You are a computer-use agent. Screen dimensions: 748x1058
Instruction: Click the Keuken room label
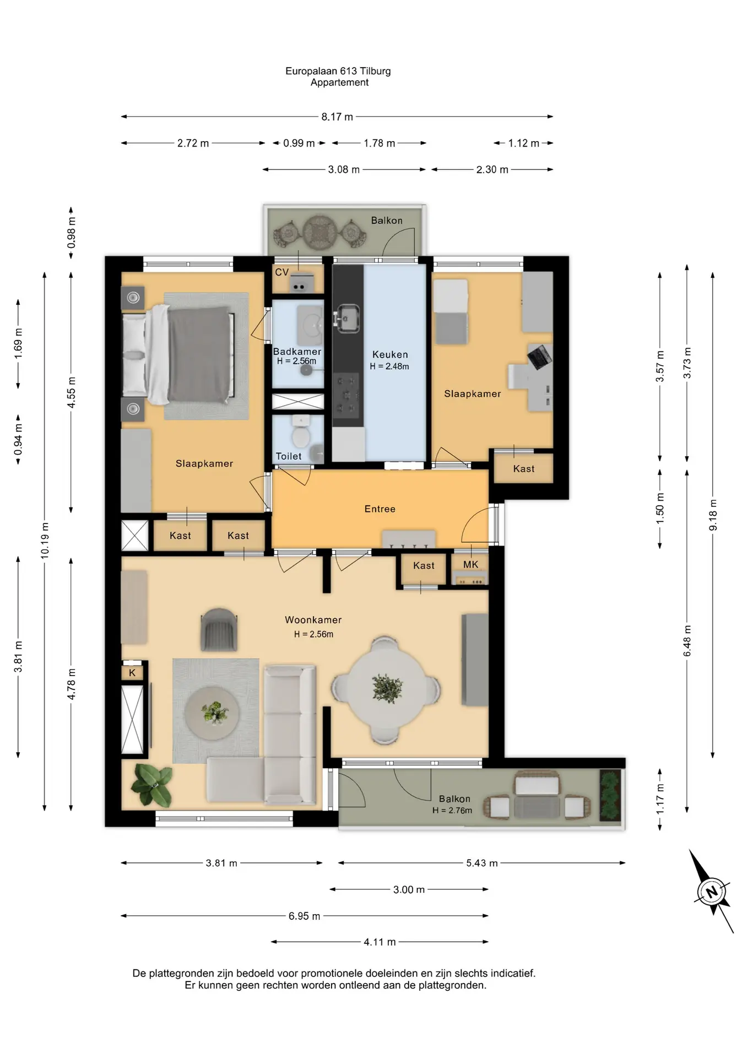390,355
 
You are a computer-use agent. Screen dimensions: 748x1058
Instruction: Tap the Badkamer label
297,352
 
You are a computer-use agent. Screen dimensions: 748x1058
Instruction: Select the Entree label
380,509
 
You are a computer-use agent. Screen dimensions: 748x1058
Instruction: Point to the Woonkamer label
313,620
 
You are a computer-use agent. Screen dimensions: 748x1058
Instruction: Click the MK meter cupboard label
471,564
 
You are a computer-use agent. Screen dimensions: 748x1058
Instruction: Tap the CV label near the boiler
281,272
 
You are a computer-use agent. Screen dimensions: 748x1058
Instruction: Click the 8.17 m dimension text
337,117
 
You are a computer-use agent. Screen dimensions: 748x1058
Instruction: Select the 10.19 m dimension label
45,541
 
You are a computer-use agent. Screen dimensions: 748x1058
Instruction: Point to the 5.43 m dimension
482,863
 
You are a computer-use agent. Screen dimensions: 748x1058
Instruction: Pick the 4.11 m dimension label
380,942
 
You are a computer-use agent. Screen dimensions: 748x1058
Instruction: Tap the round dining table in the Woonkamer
387,689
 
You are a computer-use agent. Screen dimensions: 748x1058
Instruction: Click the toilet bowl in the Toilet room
301,433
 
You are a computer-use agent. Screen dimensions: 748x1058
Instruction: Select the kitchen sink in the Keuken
348,318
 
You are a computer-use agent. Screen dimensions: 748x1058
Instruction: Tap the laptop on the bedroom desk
539,356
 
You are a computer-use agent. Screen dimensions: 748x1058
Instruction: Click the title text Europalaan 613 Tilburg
338,71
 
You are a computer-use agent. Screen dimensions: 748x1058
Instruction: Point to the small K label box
132,673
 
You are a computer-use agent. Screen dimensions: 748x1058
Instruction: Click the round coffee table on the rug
212,714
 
